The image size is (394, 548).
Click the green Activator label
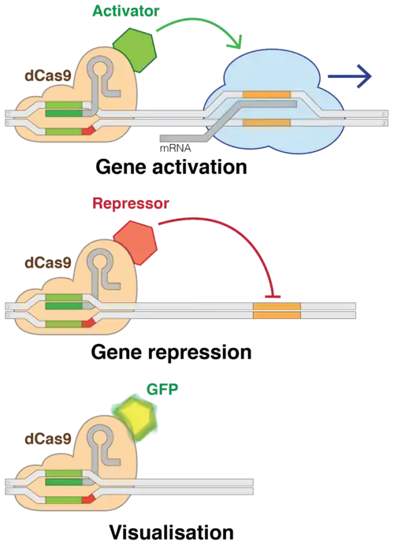[x=126, y=11]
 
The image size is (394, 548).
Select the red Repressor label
[x=131, y=203]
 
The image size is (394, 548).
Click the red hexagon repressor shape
[x=136, y=243]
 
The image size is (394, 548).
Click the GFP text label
[x=162, y=389]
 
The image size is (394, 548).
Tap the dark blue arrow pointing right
[x=349, y=76]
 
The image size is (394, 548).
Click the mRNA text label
[x=175, y=148]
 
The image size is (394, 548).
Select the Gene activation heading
[x=172, y=167]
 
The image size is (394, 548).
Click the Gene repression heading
[x=172, y=352]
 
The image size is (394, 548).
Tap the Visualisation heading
[x=172, y=532]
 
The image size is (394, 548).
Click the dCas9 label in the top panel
[x=48, y=76]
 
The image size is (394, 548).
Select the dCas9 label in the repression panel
[x=48, y=262]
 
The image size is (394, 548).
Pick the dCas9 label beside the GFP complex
[x=48, y=439]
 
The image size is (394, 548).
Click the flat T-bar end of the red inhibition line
[x=273, y=297]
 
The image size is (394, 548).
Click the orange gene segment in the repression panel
[x=277, y=311]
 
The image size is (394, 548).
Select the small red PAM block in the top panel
[x=88, y=131]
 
